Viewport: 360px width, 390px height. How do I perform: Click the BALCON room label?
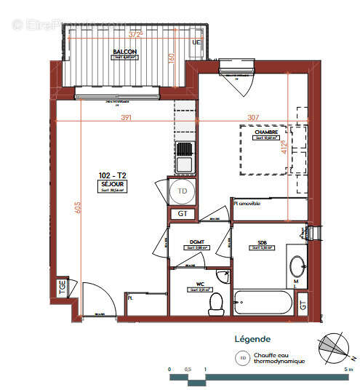125,52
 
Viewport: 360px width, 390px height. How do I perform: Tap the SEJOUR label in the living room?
113,185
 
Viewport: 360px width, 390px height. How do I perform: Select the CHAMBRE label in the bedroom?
265,132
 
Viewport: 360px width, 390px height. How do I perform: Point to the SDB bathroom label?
261,242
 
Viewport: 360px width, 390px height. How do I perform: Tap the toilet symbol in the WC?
215,305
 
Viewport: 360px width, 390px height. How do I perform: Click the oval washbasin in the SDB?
297,266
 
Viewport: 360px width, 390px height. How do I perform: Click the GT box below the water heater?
181,215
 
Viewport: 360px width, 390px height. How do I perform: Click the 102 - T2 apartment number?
112,175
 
